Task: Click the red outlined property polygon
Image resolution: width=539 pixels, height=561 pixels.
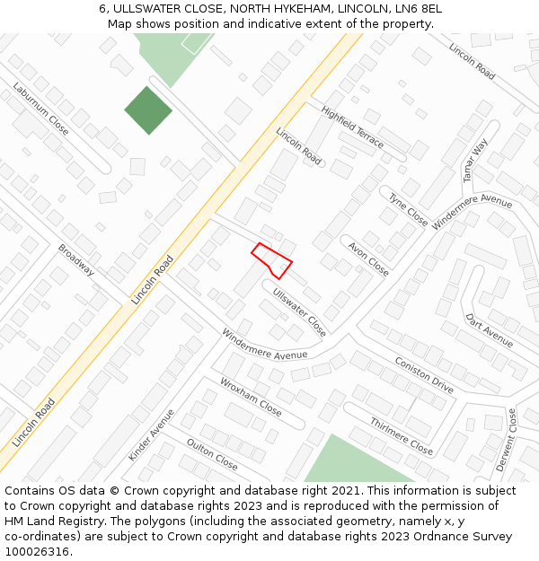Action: click(271, 260)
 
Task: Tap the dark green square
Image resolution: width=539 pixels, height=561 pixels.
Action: click(147, 110)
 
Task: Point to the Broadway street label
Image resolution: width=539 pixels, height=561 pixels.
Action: click(76, 260)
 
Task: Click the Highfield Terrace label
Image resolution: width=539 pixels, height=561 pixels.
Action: click(352, 127)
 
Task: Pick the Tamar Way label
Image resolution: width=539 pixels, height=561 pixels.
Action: click(475, 161)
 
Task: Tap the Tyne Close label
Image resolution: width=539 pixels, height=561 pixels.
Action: click(408, 208)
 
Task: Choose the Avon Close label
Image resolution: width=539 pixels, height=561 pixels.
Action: click(368, 257)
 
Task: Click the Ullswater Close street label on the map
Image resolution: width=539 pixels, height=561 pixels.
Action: click(300, 311)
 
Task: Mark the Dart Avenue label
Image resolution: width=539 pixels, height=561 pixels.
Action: click(489, 330)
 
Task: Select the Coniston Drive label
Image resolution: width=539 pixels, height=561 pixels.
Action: click(423, 373)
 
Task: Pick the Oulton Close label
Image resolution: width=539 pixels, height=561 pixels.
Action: click(212, 454)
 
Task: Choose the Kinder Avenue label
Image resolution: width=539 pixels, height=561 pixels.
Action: click(151, 434)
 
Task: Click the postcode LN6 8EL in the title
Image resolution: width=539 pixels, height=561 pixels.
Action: click(416, 8)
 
